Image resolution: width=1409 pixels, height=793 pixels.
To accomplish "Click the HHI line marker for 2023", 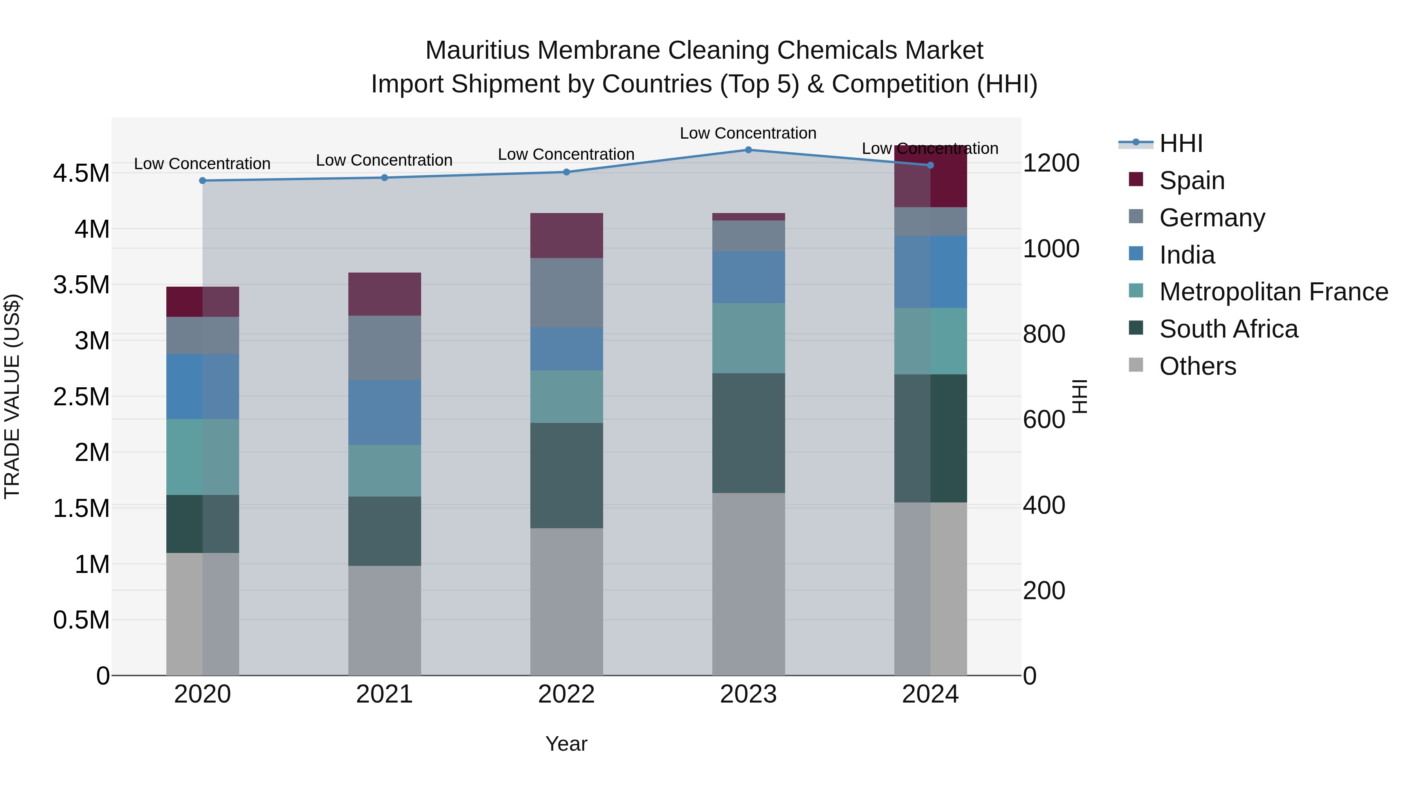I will pyautogui.click(x=748, y=150).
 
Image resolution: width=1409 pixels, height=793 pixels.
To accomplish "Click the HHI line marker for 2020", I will pyautogui.click(x=202, y=181).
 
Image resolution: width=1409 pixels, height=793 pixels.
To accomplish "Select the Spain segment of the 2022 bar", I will pyautogui.click(x=567, y=235).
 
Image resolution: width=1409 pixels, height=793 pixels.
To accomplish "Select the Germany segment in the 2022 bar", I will pyautogui.click(x=567, y=293).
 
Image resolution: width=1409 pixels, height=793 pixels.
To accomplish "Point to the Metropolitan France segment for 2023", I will pyautogui.click(x=748, y=338).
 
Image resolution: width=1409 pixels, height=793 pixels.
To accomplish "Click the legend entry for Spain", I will pyautogui.click(x=1191, y=181).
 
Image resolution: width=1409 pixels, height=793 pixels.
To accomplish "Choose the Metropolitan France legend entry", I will pyautogui.click(x=1273, y=292).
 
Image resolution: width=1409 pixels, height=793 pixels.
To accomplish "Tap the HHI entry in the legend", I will pyautogui.click(x=1180, y=143).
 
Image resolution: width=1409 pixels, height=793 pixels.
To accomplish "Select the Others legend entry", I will pyautogui.click(x=1197, y=366).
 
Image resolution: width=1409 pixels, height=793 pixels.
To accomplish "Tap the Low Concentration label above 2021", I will pyautogui.click(x=384, y=160).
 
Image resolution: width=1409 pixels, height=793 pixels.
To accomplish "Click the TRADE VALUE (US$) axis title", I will pyautogui.click(x=12, y=396).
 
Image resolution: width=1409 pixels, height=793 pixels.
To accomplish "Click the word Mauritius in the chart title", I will pyautogui.click(x=477, y=51).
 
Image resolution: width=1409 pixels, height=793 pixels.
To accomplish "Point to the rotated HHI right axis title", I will pyautogui.click(x=1079, y=396).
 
